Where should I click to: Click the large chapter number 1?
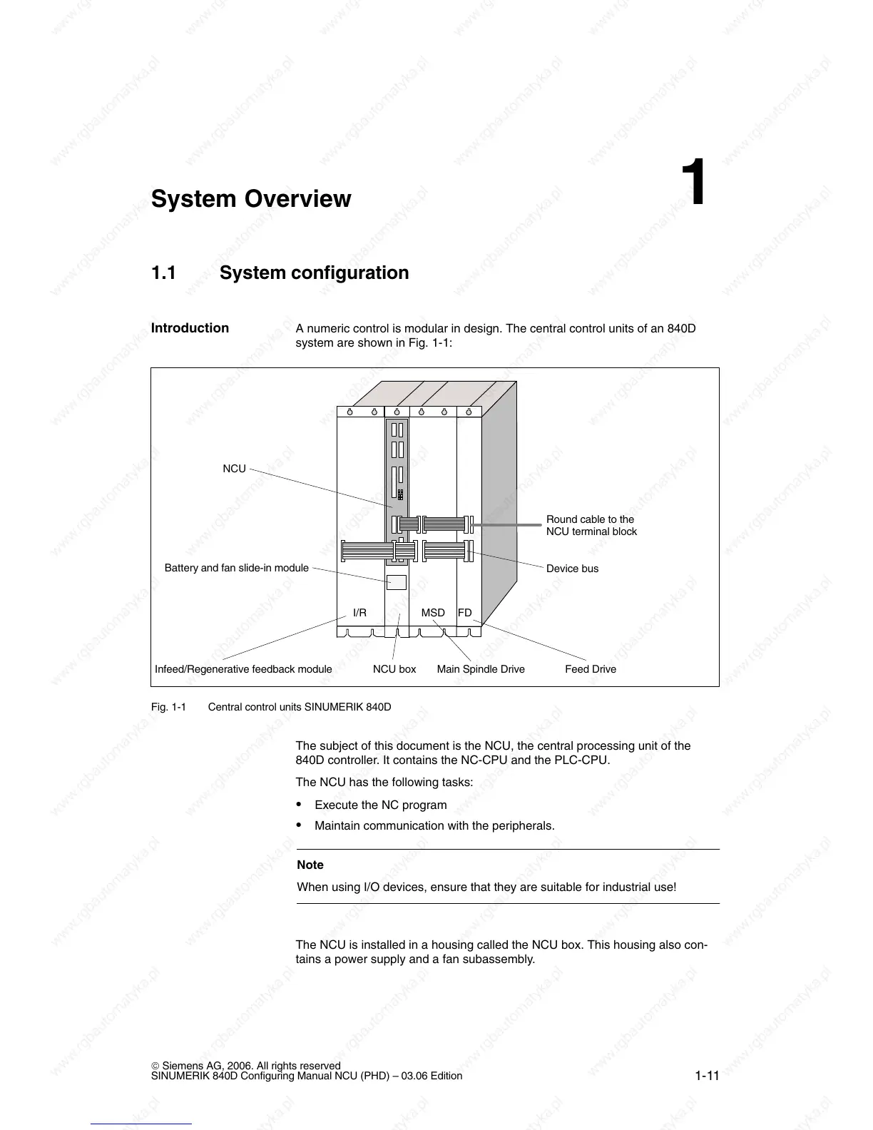(693, 183)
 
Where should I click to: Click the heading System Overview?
(251, 199)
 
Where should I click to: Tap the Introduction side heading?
(190, 328)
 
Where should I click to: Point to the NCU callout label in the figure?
(234, 469)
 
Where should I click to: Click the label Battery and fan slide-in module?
(236, 568)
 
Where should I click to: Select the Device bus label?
(572, 569)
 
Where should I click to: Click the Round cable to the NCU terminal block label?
(591, 526)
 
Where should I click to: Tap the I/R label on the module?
(359, 613)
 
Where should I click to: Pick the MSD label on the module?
(433, 613)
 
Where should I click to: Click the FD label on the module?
(464, 613)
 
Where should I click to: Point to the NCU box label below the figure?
(394, 669)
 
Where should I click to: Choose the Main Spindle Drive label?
(481, 669)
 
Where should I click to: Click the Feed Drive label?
(591, 669)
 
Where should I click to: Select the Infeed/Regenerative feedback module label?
(243, 669)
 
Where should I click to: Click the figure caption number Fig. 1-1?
(168, 707)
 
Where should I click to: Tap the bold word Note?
(310, 865)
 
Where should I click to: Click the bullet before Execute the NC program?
(299, 805)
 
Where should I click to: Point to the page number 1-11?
(708, 1076)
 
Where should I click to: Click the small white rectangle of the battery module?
(397, 582)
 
